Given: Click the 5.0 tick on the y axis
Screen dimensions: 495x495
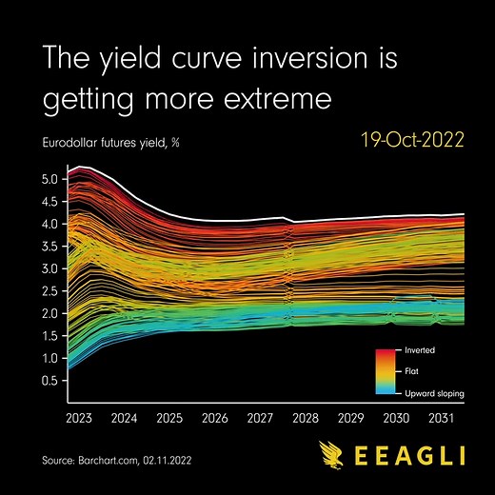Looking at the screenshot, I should tap(50, 179).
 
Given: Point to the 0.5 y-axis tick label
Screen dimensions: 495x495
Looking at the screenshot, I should tap(50, 380).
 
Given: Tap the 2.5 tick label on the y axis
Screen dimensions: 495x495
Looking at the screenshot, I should tap(50, 291).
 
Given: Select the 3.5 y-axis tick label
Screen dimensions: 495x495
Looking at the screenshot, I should tap(50, 247).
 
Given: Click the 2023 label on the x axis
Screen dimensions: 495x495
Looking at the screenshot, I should tap(80, 417).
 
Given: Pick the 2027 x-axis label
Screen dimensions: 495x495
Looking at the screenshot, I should tap(261, 417).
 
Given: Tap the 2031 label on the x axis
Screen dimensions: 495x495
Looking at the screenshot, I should tap(441, 417).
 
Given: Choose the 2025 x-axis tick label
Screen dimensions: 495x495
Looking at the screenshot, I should tap(170, 417).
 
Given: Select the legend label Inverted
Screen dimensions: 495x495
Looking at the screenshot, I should tap(420, 351).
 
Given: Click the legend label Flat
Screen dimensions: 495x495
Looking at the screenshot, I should tap(412, 371).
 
